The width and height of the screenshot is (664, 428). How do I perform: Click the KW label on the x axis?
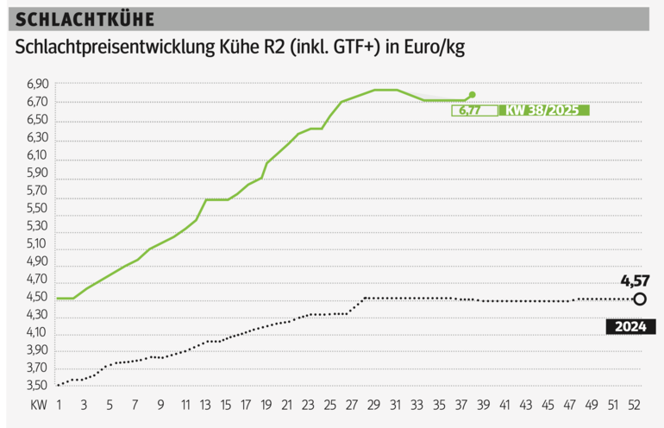coord(37,404)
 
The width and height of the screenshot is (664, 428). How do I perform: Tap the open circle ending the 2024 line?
coord(639,299)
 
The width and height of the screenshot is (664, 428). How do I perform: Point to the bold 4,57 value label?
coord(634,280)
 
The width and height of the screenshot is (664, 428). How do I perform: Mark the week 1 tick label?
coord(59,404)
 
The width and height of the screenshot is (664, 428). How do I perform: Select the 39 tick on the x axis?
coord(485,404)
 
